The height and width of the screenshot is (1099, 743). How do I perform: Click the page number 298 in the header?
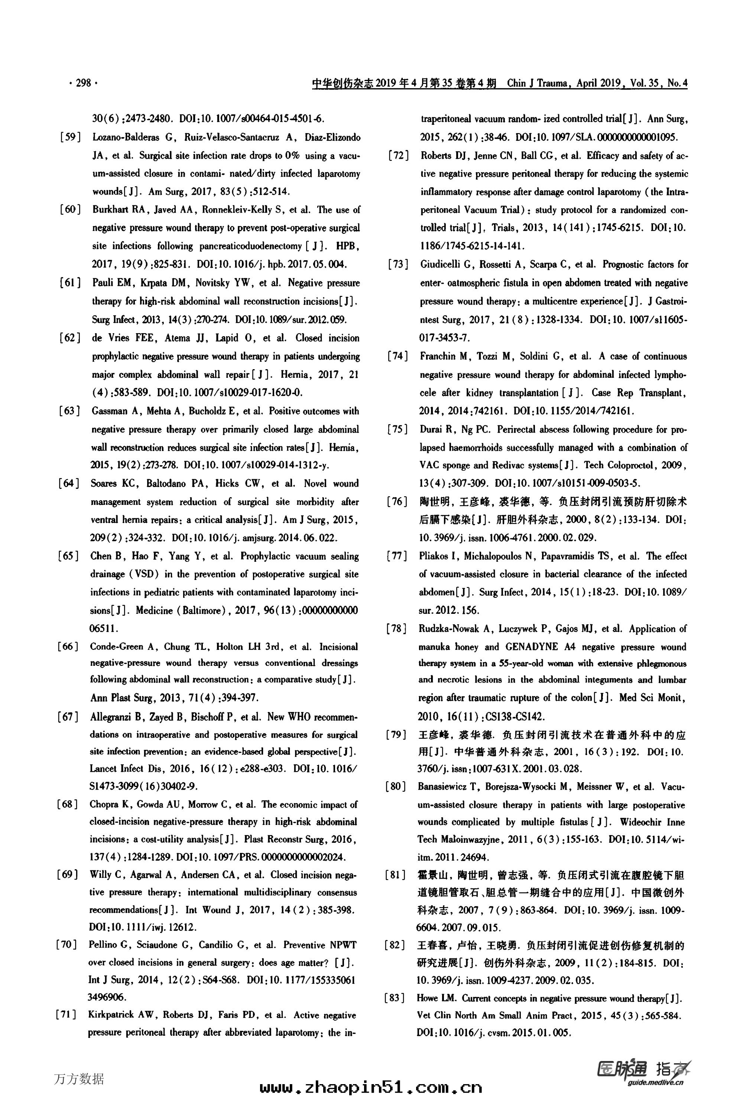[83, 83]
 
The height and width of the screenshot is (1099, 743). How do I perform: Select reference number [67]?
[68, 717]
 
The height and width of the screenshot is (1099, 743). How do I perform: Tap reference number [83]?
[396, 998]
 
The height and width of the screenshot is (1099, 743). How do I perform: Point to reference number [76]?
[398, 501]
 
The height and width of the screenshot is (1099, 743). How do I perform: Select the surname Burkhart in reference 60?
[109, 209]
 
